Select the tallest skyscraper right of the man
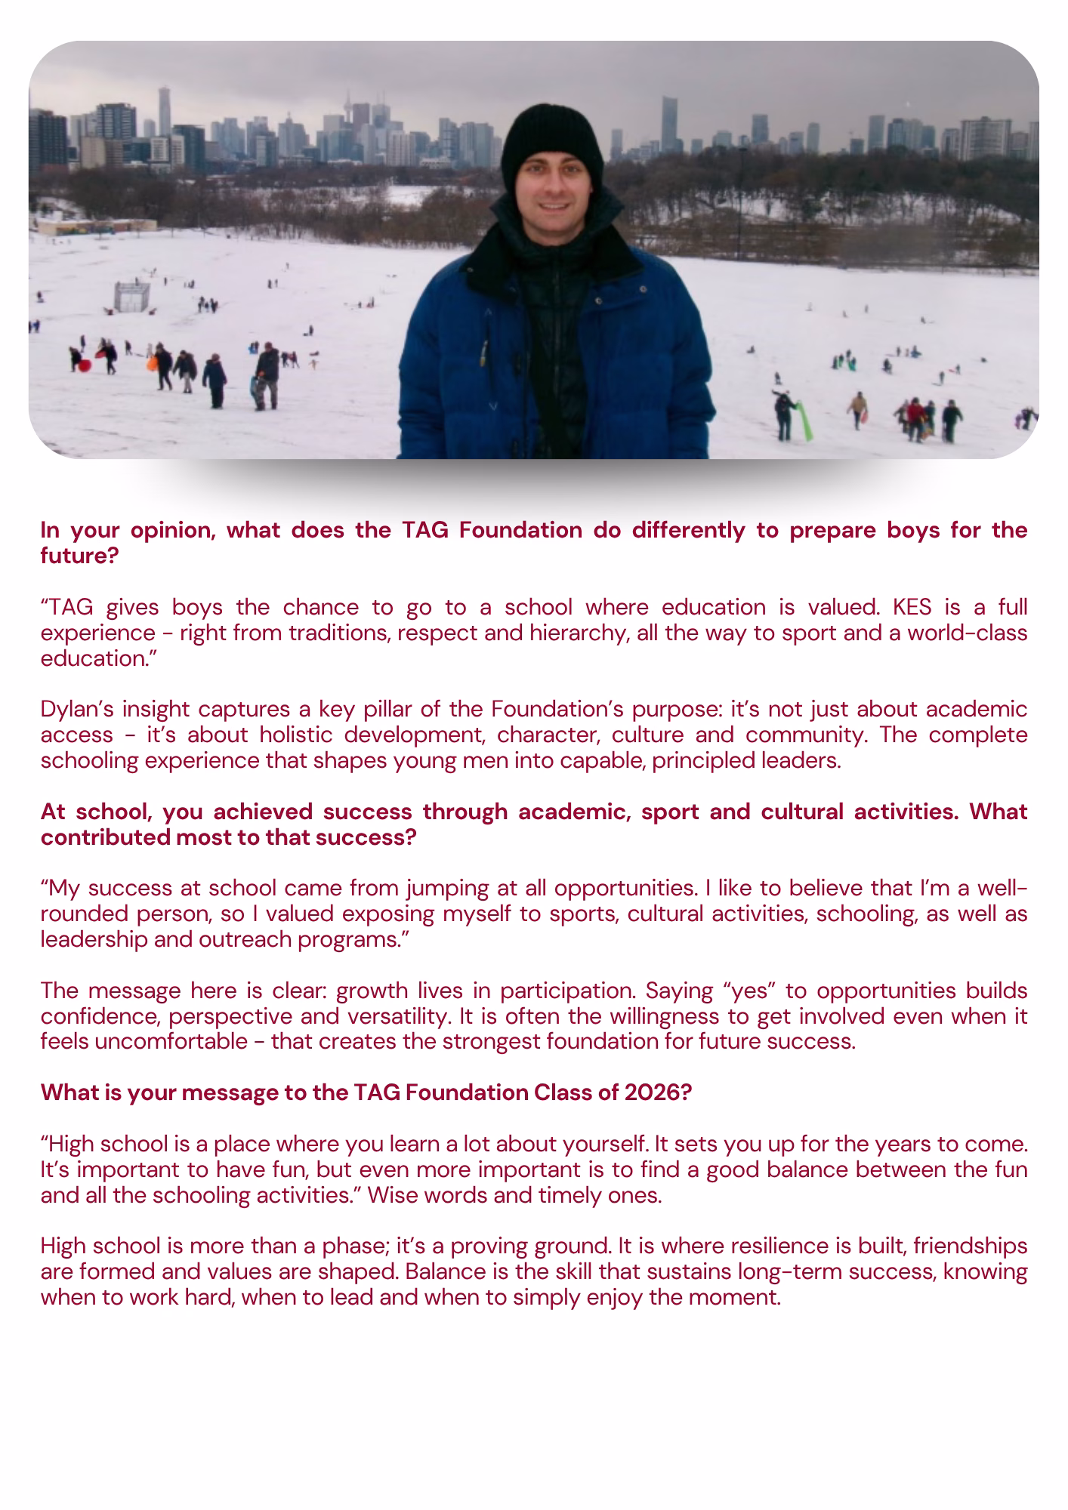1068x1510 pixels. click(668, 125)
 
